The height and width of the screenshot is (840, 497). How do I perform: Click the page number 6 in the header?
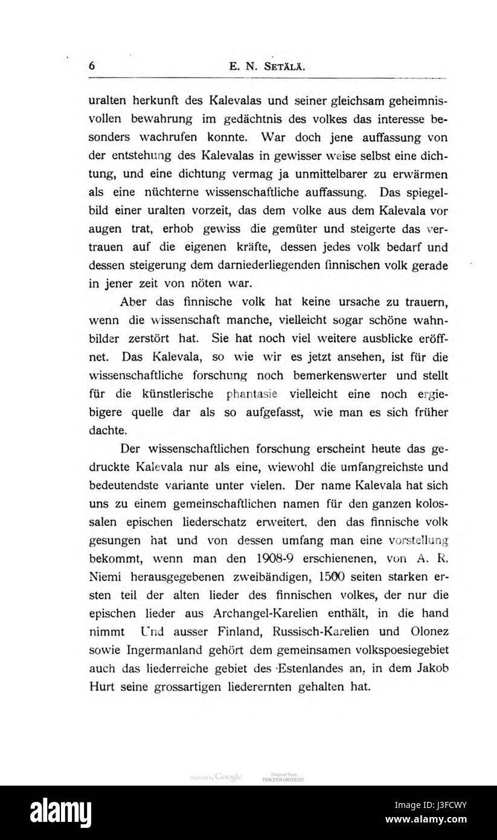click(92, 66)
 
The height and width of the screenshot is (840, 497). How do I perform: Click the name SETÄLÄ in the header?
click(277, 68)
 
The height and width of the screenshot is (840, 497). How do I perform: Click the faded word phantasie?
click(234, 395)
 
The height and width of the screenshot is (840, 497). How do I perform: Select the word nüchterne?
click(168, 193)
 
